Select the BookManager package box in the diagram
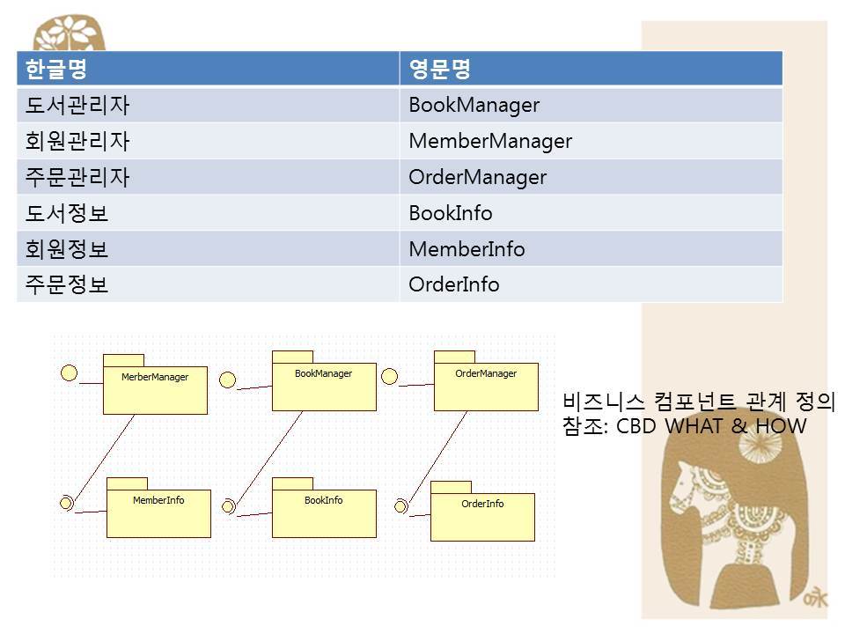tap(323, 386)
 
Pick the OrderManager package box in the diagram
tap(486, 386)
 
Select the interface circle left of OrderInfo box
tap(400, 505)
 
